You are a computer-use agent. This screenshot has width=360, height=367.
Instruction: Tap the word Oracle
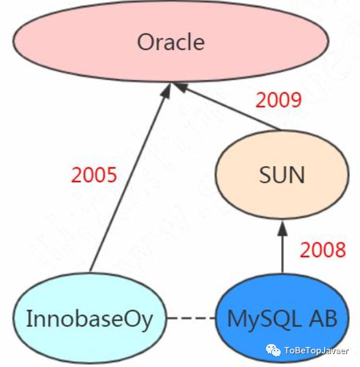coord(170,42)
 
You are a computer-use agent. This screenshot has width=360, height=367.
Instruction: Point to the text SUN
coord(282,174)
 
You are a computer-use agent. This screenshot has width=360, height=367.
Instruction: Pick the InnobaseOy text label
coord(89,319)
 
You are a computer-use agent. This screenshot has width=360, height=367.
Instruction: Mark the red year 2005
coord(94,174)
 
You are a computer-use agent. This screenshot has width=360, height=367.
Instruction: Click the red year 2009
coord(278,100)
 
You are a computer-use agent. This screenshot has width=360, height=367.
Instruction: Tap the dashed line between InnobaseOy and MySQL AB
coord(191,319)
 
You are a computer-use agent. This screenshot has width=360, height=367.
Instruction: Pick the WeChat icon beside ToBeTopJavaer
coord(274,350)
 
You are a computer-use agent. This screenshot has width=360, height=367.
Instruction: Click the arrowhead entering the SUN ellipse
coord(282,224)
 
